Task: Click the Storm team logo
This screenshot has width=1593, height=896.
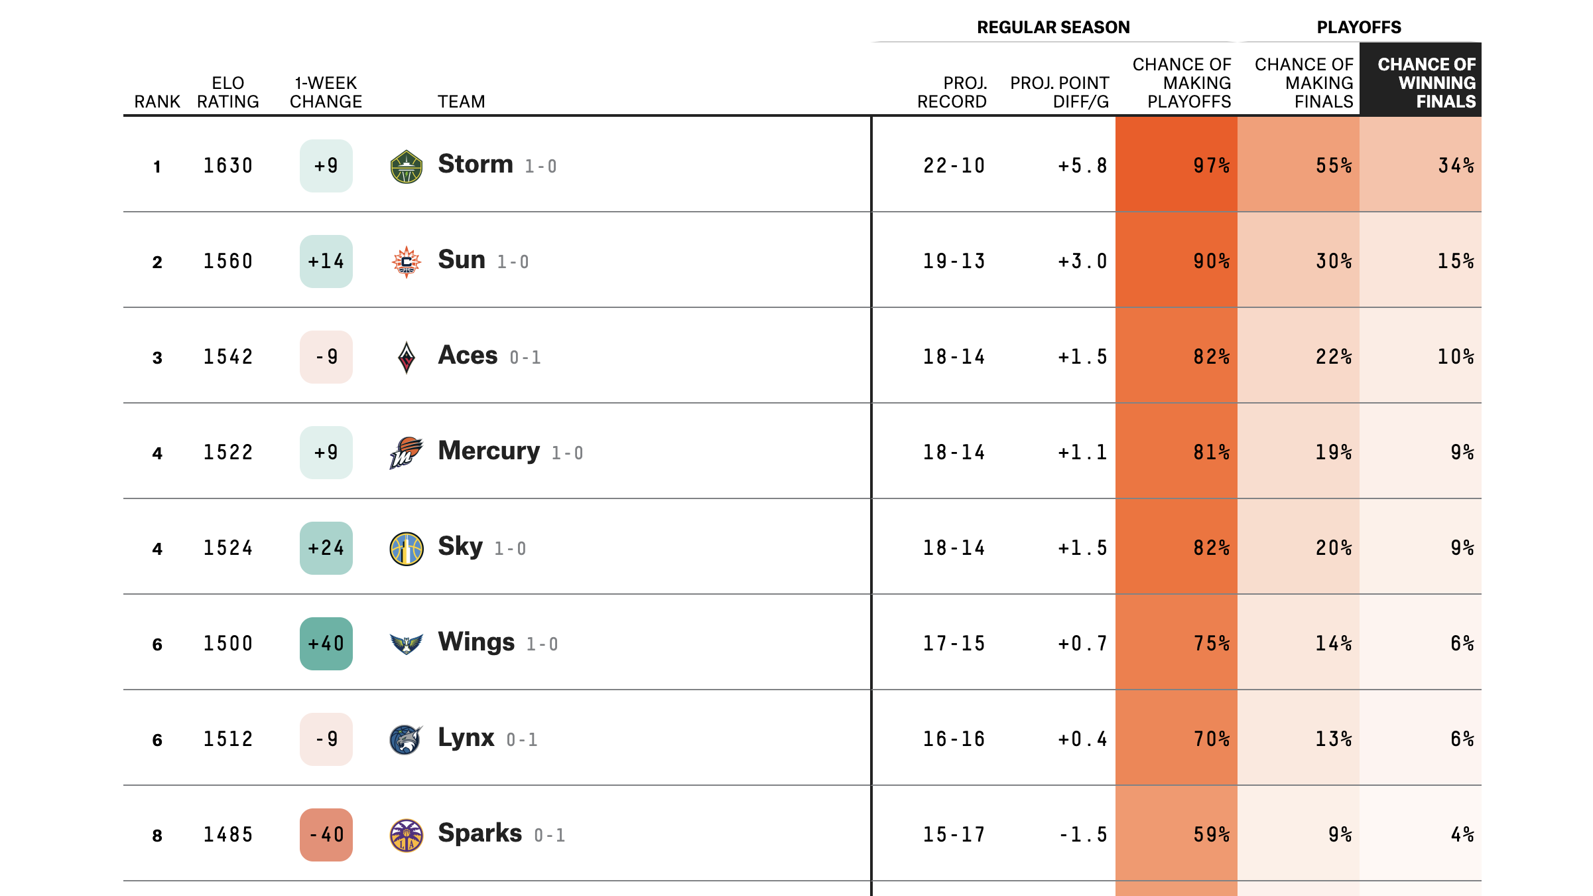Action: coord(406,167)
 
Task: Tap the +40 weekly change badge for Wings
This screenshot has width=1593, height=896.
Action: coord(326,643)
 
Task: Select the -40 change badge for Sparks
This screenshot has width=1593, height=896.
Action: coord(326,834)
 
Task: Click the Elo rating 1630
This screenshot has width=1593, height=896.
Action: coord(227,165)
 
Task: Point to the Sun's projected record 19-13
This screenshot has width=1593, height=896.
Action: coord(954,261)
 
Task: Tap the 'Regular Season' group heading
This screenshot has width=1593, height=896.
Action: coord(1053,27)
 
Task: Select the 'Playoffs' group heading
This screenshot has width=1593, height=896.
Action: coord(1359,27)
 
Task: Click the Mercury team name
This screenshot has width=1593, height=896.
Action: coord(489,451)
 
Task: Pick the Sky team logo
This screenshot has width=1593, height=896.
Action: coord(406,549)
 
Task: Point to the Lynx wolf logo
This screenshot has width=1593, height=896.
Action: coord(406,739)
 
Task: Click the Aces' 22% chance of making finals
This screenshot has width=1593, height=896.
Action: coord(1333,356)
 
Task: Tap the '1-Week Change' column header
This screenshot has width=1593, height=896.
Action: coord(326,92)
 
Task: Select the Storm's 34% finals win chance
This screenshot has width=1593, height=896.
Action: coord(1455,165)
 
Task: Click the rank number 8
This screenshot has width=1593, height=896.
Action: coord(157,835)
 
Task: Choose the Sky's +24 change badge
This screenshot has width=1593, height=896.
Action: coord(326,548)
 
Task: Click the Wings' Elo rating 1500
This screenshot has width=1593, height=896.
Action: coord(227,643)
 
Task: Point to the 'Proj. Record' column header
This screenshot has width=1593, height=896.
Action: coord(952,92)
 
